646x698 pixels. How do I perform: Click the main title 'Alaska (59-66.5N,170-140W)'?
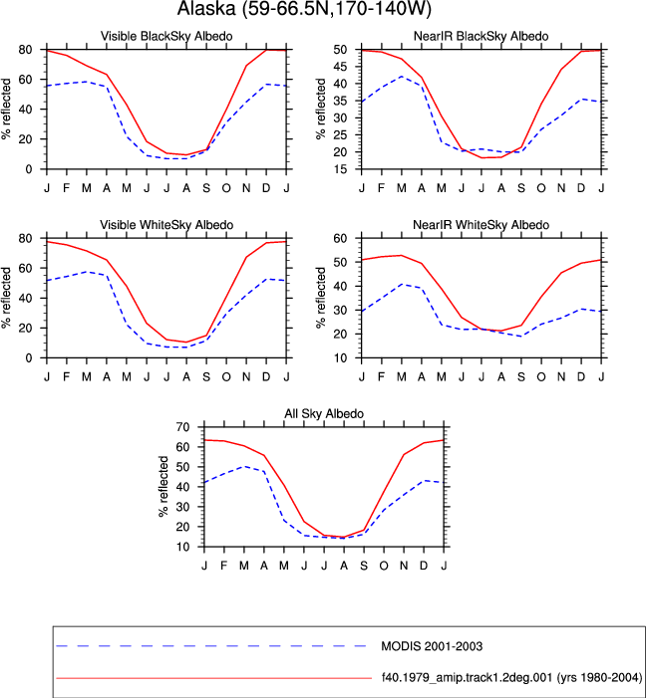pos(304,8)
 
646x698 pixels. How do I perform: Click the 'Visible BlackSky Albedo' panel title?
pos(166,36)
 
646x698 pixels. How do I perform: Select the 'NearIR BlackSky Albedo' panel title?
pos(482,36)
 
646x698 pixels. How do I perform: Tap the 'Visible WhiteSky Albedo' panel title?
pos(166,225)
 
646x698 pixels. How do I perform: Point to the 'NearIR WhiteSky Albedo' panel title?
pos(482,225)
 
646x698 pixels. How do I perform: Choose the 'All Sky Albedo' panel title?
pos(324,413)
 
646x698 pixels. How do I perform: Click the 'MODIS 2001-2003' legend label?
pos(432,646)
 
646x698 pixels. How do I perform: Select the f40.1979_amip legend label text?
pos(511,678)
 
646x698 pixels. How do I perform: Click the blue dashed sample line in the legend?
pos(211,646)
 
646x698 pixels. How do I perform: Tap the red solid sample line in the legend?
pos(214,678)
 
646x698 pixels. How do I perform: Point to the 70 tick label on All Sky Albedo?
pos(182,427)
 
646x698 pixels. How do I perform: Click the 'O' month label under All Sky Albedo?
pos(384,566)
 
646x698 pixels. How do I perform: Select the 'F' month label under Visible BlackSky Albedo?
pos(67,188)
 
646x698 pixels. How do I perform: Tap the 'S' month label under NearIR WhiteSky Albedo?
pos(521,377)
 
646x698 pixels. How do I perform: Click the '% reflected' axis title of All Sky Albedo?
pos(163,487)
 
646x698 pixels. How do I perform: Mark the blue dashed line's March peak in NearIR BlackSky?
pos(401,77)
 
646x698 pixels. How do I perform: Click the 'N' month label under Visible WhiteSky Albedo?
pos(246,377)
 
